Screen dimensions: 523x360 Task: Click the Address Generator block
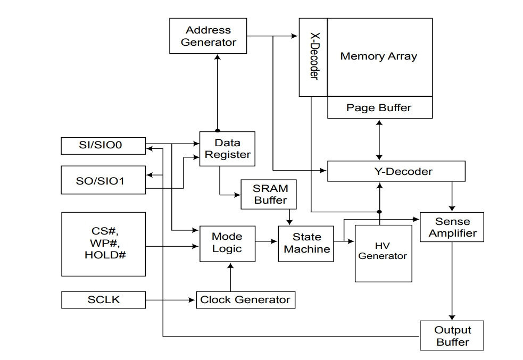208,36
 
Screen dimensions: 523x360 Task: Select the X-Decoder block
313,57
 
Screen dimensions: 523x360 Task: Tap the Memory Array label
379,56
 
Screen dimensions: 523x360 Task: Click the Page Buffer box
380,107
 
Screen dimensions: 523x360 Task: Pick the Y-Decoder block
396,171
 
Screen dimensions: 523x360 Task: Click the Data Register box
227,149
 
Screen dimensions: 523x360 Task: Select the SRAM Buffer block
269,194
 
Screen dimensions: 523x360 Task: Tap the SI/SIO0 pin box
103,146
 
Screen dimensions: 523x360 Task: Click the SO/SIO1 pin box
103,180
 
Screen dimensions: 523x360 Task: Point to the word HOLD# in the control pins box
105,255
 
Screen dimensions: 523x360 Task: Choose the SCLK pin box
103,300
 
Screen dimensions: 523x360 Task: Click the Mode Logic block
228,244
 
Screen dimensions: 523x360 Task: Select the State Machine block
306,244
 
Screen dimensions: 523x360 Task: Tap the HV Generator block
383,254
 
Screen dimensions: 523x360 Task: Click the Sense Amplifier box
452,227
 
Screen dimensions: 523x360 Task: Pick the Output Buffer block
452,336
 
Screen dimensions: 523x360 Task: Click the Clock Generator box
245,300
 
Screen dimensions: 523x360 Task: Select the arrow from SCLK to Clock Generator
170,300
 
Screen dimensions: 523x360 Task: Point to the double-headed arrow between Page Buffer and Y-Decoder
379,140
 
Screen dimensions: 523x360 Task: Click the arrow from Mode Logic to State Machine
267,241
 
